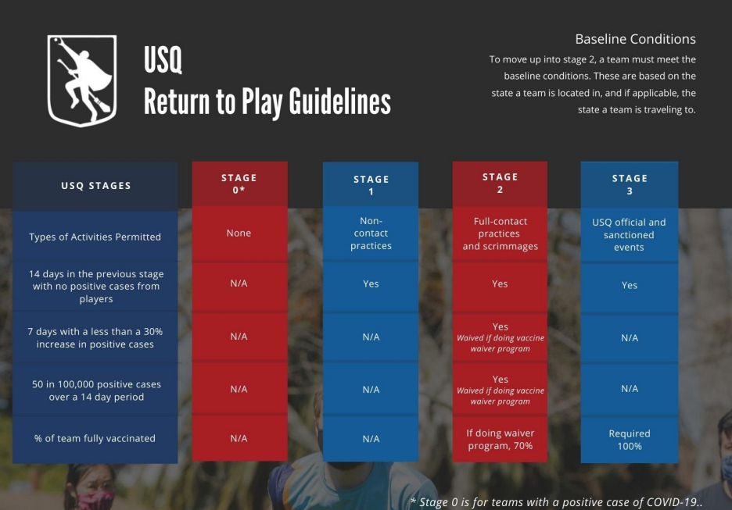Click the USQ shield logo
(81, 80)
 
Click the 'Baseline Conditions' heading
(635, 39)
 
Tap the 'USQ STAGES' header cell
(95, 186)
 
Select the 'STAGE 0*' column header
(239, 184)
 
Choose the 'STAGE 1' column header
(371, 184)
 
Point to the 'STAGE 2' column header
(500, 184)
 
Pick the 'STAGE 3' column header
(630, 184)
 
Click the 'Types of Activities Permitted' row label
(95, 237)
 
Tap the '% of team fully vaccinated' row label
(95, 438)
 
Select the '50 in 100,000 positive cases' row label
(96, 391)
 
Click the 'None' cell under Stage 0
(239, 233)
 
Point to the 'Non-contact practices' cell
(371, 233)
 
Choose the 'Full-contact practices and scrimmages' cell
(500, 234)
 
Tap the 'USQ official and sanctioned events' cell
(630, 234)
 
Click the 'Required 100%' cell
(630, 440)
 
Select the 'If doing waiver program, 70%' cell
(500, 439)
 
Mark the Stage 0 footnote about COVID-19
(556, 502)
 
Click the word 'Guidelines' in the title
(339, 102)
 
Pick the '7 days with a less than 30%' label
(95, 337)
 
